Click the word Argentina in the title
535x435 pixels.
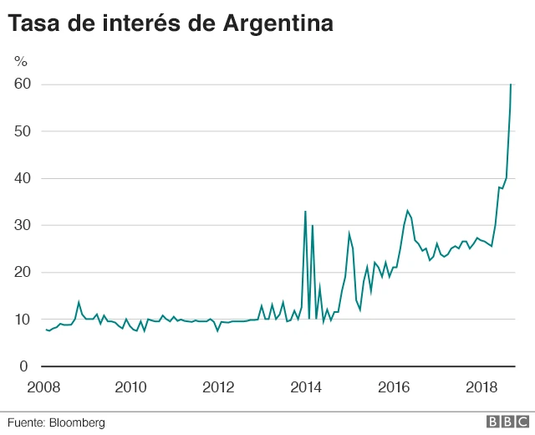click(278, 24)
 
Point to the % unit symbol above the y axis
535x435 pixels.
click(21, 60)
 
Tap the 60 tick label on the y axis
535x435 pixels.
click(22, 84)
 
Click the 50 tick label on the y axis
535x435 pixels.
click(22, 131)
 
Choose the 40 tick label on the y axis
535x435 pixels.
click(22, 178)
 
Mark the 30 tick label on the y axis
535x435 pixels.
click(22, 225)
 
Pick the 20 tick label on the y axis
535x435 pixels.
click(22, 272)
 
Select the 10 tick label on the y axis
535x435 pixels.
click(22, 320)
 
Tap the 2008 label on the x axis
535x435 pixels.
click(44, 387)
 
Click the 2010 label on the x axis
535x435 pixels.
click(131, 387)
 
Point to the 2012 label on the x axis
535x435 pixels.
click(219, 387)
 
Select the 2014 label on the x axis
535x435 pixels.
click(306, 387)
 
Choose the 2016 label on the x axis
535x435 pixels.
click(394, 387)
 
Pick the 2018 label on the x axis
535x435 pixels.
click(481, 387)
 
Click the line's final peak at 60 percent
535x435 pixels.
click(511, 85)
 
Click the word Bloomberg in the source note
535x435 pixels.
click(79, 422)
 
